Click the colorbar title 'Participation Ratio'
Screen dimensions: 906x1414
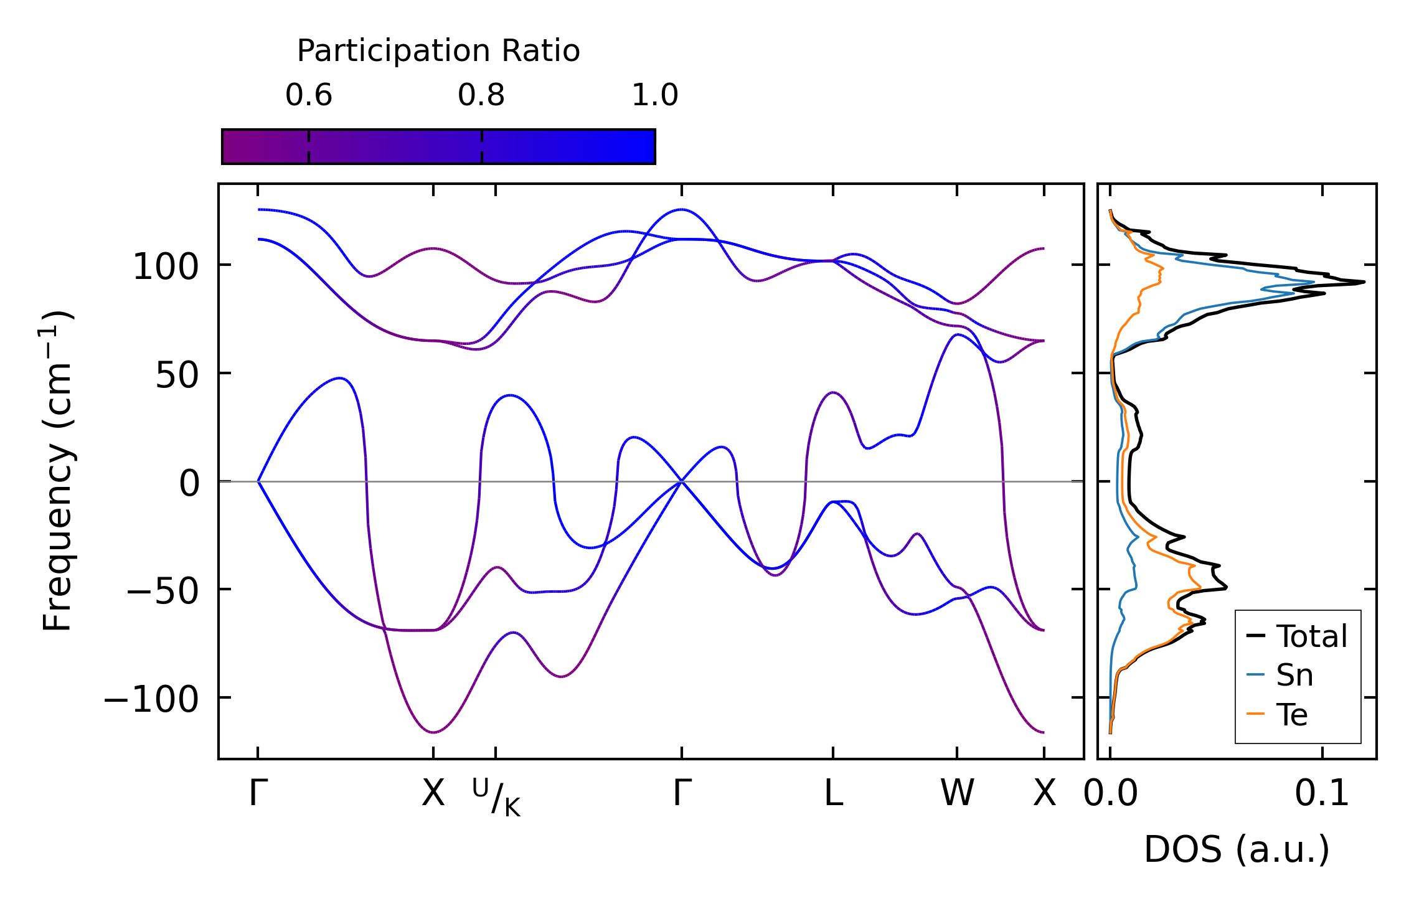tap(438, 51)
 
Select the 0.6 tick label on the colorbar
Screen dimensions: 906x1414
tap(309, 95)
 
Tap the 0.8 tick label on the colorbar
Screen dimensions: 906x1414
tap(481, 95)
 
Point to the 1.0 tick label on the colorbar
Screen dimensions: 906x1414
tap(654, 95)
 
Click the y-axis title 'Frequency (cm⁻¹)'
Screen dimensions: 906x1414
tap(57, 471)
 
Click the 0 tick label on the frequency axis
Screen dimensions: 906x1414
tap(189, 483)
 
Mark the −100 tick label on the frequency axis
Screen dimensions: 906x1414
tap(151, 699)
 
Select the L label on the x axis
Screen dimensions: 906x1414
tap(833, 794)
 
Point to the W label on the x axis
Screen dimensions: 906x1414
tap(957, 794)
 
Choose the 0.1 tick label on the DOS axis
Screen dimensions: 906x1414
tap(1322, 794)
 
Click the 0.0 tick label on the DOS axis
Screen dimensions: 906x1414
tap(1111, 794)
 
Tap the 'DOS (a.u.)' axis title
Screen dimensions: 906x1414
tap(1237, 849)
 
